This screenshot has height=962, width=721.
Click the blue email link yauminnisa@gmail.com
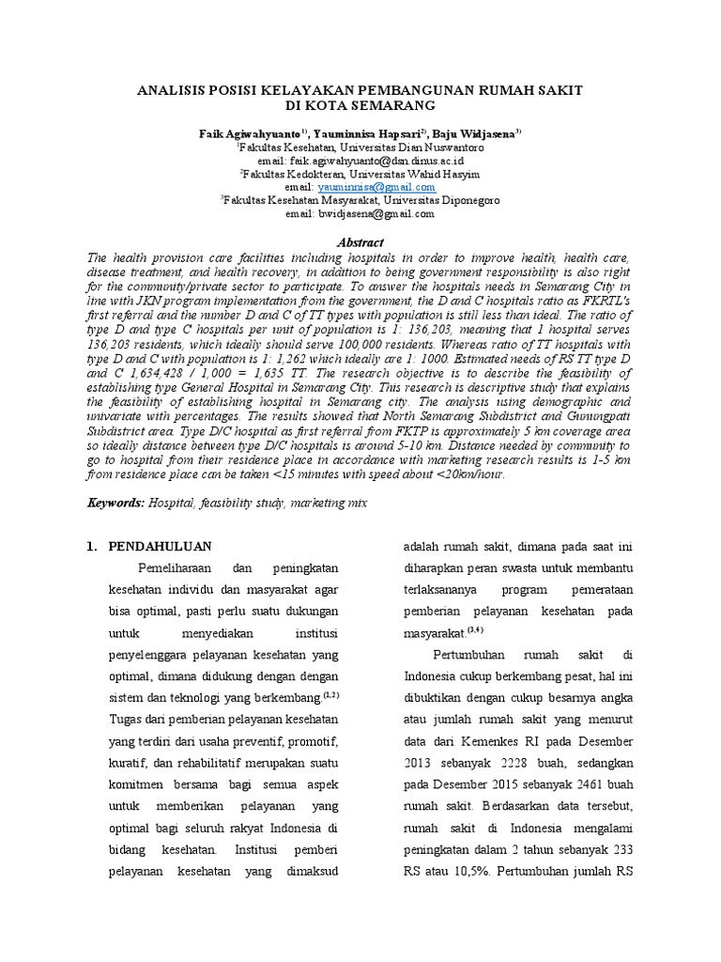click(x=370, y=187)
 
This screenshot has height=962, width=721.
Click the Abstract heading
click(x=360, y=241)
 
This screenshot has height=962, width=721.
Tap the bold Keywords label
click(x=115, y=503)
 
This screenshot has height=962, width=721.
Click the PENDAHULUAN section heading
click(x=161, y=546)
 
